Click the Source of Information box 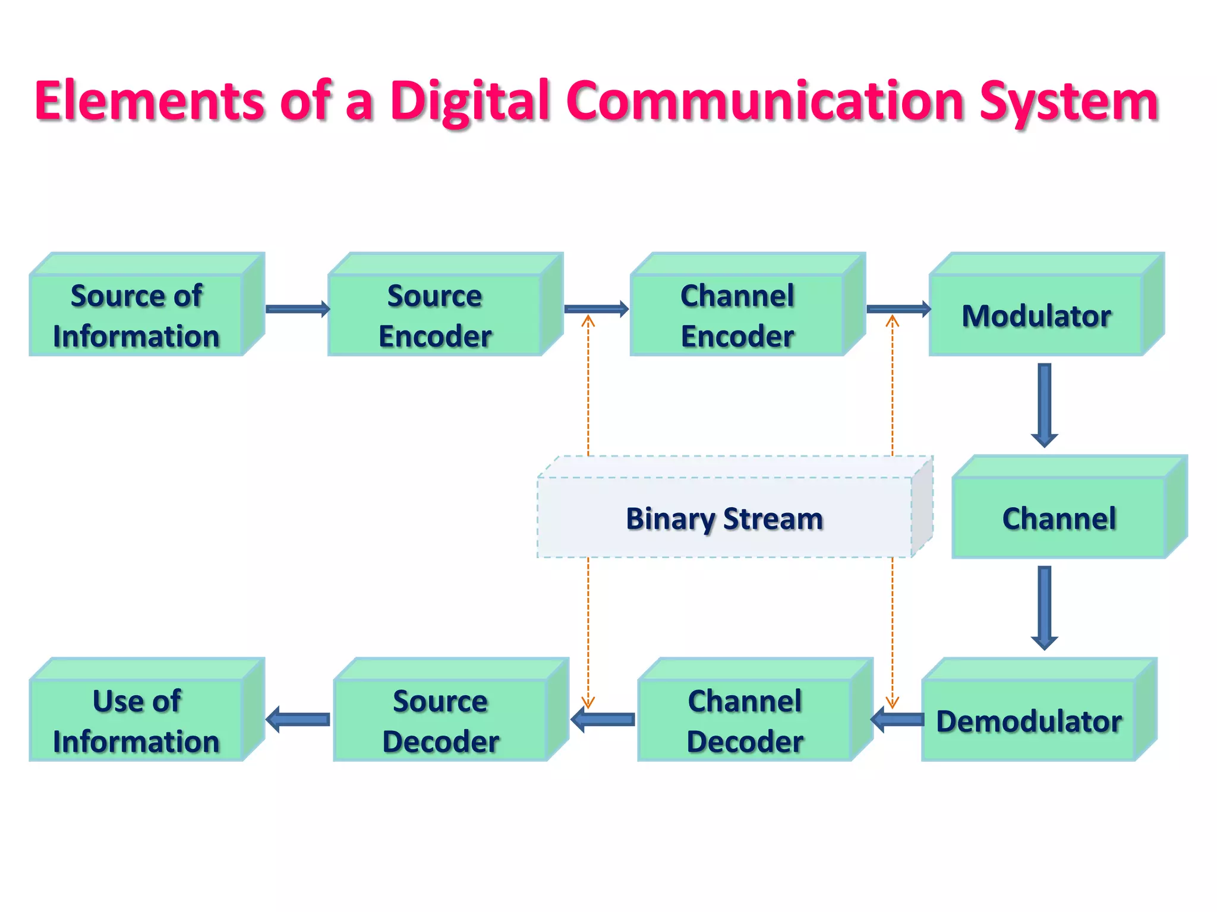click(x=137, y=315)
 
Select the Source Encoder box click(x=435, y=315)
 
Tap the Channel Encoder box click(x=737, y=315)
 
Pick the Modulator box click(x=1036, y=315)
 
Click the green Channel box click(x=1059, y=518)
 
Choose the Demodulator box click(x=1029, y=720)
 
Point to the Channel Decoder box click(x=745, y=720)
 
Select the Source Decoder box click(x=441, y=720)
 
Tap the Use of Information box click(x=137, y=720)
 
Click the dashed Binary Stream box click(x=724, y=518)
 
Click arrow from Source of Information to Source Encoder click(x=297, y=309)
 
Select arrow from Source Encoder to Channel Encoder click(x=596, y=309)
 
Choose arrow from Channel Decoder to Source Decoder click(x=603, y=720)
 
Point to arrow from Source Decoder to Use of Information click(x=298, y=720)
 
